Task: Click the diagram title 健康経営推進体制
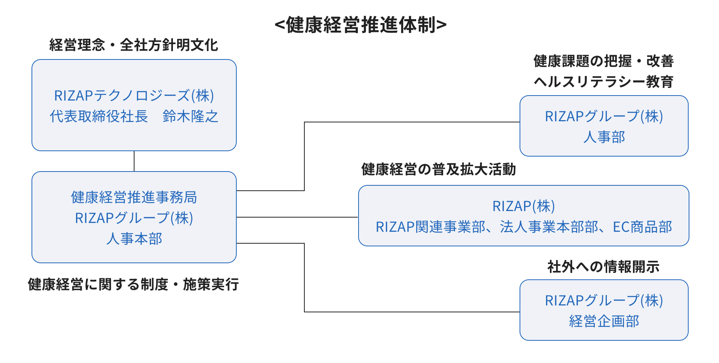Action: (360, 25)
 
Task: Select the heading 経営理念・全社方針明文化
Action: (134, 45)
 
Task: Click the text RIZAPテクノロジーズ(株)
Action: (134, 96)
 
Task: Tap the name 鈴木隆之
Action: (190, 116)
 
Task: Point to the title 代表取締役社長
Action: (99, 116)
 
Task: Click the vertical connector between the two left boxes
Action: (134, 161)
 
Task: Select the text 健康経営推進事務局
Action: (134, 197)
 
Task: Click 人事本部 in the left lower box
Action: (134, 239)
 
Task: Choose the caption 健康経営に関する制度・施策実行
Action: (133, 285)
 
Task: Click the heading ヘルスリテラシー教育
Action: (603, 82)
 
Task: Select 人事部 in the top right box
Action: (604, 137)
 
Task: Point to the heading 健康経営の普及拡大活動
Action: (438, 169)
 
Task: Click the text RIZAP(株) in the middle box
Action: (523, 206)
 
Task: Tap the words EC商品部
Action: (642, 227)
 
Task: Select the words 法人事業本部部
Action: (549, 227)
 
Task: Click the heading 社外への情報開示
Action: (603, 267)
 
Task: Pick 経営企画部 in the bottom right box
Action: (604, 321)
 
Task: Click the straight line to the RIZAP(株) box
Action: (297, 217)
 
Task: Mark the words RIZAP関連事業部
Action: (430, 227)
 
